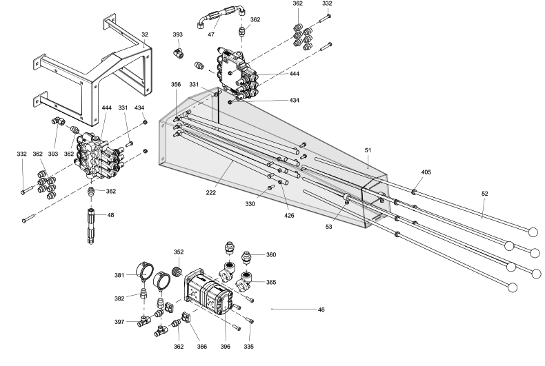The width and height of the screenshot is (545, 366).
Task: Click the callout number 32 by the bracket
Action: (145, 33)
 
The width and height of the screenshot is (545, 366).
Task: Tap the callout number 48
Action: (110, 215)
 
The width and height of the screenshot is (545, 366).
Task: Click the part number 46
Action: (320, 310)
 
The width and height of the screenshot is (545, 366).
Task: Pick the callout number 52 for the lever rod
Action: (484, 194)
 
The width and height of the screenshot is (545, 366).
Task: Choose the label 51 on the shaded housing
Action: (368, 149)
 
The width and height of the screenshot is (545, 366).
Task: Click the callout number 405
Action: (426, 172)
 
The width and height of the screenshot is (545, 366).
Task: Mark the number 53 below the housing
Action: (329, 226)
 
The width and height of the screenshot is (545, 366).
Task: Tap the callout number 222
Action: (211, 193)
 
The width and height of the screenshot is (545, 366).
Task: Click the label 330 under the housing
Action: (250, 204)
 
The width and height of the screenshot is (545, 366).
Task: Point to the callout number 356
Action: (176, 85)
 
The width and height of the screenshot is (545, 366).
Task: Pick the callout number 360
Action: (271, 254)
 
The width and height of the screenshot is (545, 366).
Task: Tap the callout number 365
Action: (271, 283)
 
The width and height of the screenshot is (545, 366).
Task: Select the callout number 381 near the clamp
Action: (119, 275)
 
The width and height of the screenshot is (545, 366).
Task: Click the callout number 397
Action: (119, 322)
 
